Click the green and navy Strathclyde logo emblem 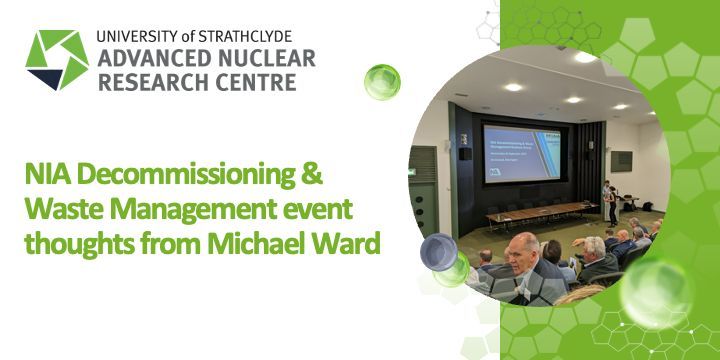coord(57,60)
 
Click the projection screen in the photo coord(520,153)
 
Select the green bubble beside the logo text coord(382,82)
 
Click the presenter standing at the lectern coord(608,203)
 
